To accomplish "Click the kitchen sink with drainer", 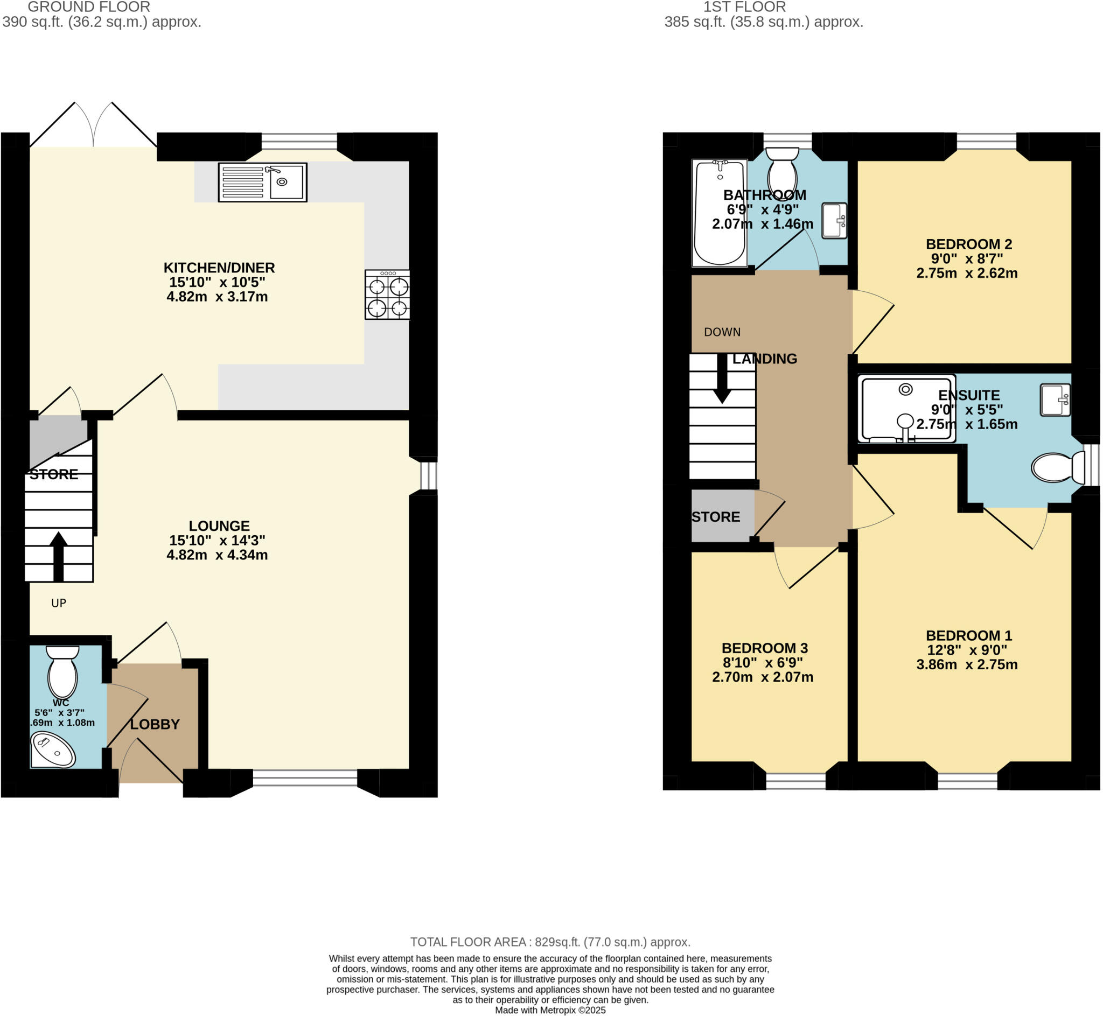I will click(x=262, y=182).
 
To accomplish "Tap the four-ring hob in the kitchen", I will click(x=387, y=295).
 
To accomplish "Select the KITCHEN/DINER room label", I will click(x=219, y=268).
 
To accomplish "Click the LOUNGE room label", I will click(x=219, y=525).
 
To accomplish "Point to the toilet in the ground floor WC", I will click(x=62, y=672).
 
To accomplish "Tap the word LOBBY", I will click(x=155, y=724).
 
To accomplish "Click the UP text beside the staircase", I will click(x=58, y=603).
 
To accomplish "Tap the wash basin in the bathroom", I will click(x=834, y=220).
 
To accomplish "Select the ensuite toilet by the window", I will click(x=1055, y=467).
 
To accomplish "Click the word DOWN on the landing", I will click(x=722, y=332).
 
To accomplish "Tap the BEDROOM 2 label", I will click(x=968, y=244).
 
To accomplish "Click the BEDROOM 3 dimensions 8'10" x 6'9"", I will click(x=764, y=662).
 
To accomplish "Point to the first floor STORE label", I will click(x=715, y=517).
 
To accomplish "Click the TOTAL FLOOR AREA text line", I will click(x=550, y=942).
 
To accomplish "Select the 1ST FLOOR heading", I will click(x=744, y=7).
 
